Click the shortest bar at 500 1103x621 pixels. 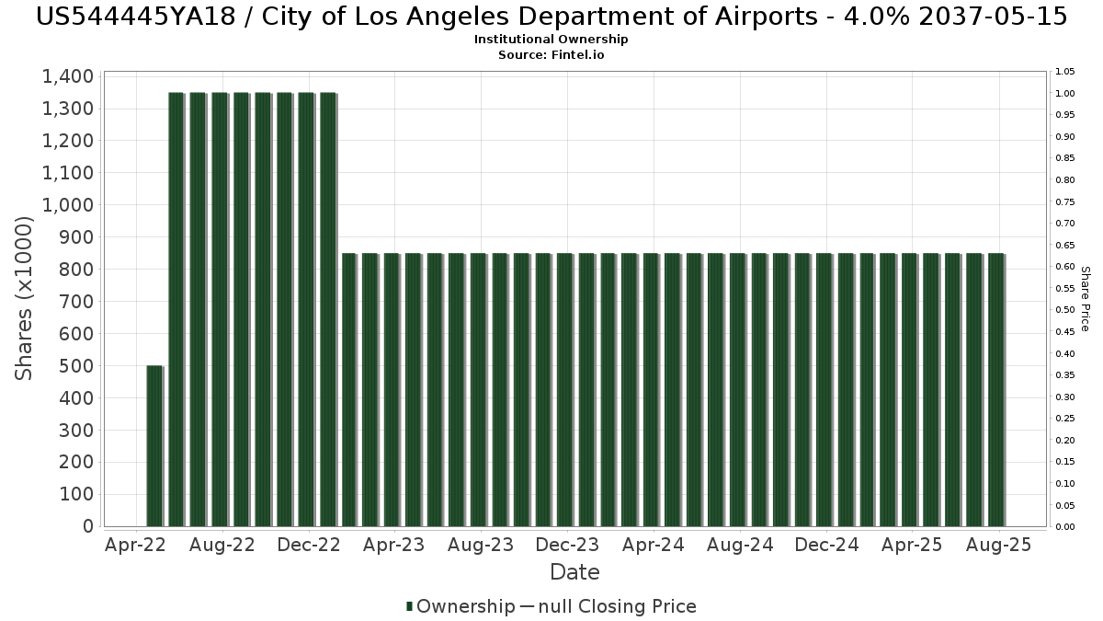(x=154, y=446)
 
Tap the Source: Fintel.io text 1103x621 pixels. (x=551, y=55)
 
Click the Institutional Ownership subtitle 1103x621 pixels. (x=551, y=40)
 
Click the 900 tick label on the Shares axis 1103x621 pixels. (x=75, y=237)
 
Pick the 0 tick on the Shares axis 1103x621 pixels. (x=88, y=526)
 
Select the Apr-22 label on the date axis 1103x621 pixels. (x=136, y=545)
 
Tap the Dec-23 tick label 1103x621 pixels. (x=567, y=545)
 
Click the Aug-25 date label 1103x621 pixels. (x=999, y=545)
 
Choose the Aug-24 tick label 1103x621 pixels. (x=740, y=545)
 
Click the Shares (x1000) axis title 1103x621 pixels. (x=25, y=298)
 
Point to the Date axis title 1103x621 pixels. (x=574, y=572)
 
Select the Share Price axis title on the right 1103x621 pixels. (x=1085, y=299)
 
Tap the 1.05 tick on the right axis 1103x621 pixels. (x=1065, y=72)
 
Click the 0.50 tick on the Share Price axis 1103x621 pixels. (x=1065, y=310)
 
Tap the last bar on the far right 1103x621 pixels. (x=995, y=390)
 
